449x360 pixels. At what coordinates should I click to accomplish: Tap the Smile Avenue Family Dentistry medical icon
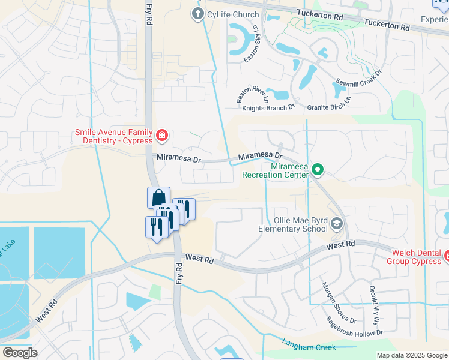point(161,136)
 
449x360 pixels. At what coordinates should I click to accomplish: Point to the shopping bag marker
point(158,197)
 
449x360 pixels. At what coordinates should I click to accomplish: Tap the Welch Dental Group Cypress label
point(415,257)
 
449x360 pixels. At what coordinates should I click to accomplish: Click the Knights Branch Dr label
point(268,108)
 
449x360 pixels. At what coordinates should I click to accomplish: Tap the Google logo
point(19,353)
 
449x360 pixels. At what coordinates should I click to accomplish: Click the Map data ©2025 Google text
point(411,355)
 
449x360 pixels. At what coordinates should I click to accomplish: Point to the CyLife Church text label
point(233,14)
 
